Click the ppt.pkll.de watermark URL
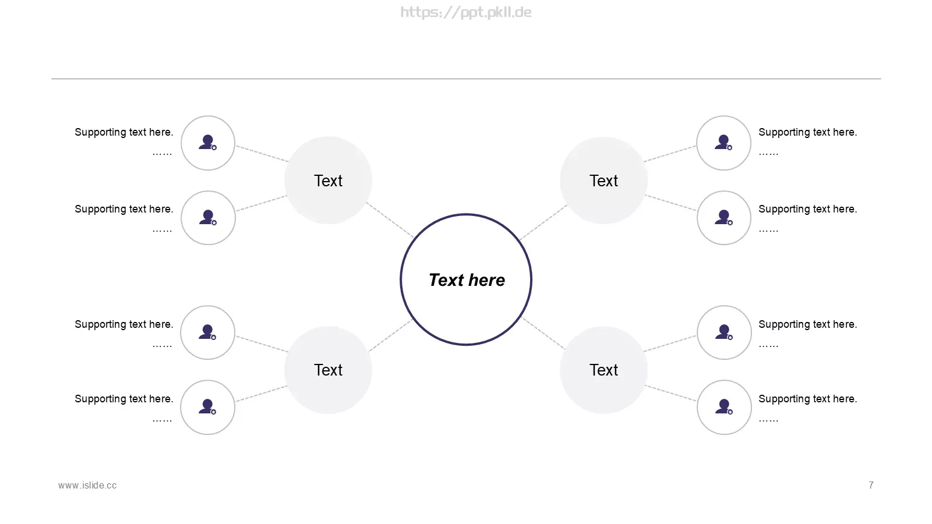pos(466,12)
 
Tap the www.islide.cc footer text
pos(87,486)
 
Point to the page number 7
pos(871,486)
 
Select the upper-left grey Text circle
pos(329,180)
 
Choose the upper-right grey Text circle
pos(603,180)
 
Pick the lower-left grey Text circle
pos(329,370)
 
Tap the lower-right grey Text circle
pos(603,370)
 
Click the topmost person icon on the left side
pos(207,142)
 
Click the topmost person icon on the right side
pos(723,142)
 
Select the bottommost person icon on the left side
pos(207,407)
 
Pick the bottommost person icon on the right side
pos(724,407)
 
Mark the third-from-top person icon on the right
pos(724,332)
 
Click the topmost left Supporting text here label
pos(124,132)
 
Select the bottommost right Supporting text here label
pos(807,399)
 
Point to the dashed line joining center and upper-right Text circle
pos(543,222)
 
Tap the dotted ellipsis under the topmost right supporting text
pos(768,154)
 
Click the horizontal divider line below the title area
pos(466,79)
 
